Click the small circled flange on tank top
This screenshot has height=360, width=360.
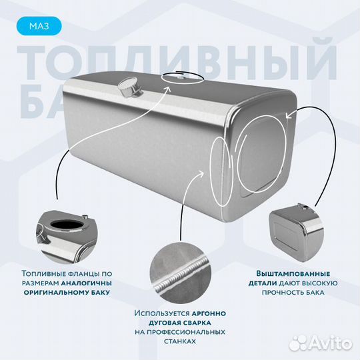[x=180, y=78]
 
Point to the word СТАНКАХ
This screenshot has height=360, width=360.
[x=179, y=341]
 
